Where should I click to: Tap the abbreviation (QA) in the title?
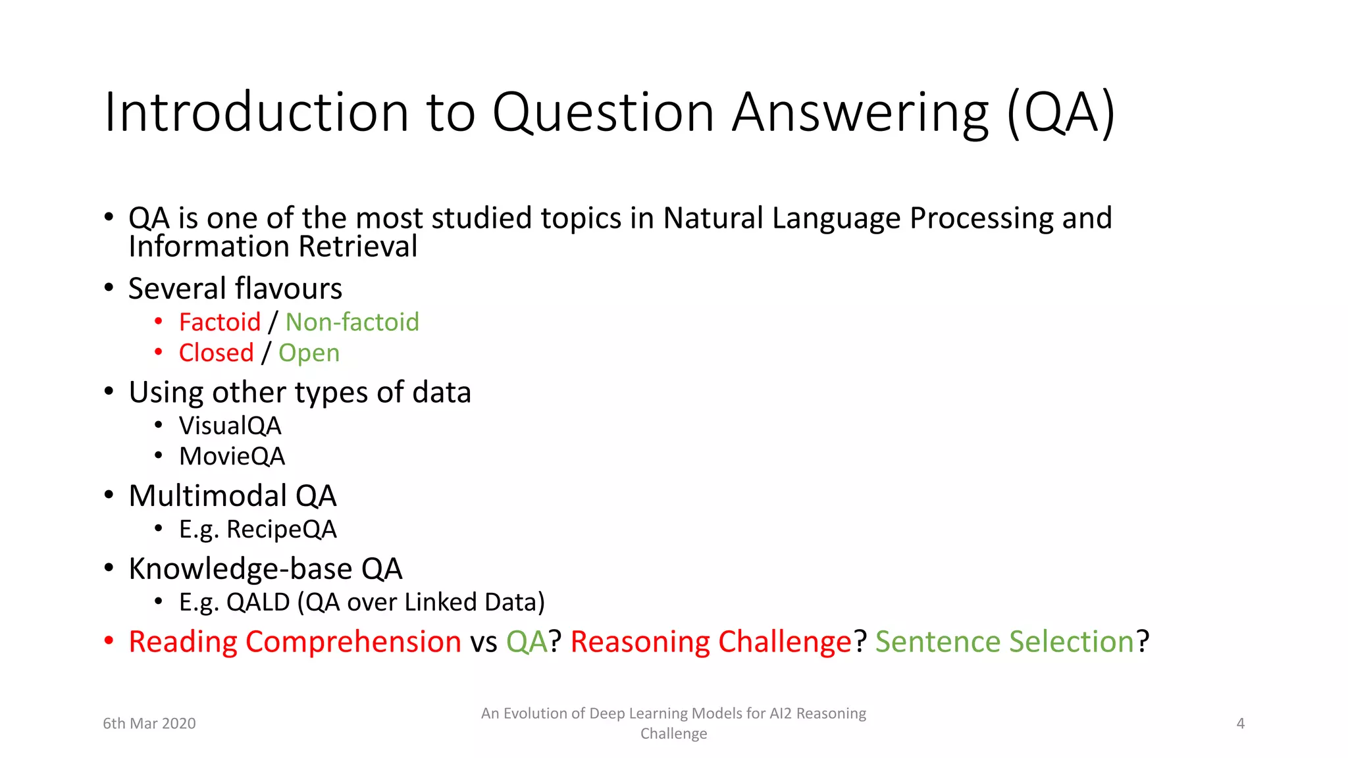(x=1060, y=113)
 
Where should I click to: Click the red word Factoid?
(x=220, y=322)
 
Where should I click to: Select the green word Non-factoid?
(x=352, y=322)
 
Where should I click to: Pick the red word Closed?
(x=216, y=353)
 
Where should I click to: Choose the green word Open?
(x=309, y=353)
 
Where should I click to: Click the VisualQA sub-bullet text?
(x=230, y=426)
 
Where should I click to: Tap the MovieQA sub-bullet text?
(x=232, y=457)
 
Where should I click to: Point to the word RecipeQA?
(x=282, y=530)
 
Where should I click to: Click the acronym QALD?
(x=258, y=603)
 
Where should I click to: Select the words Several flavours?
(x=235, y=289)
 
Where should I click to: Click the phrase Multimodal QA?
(x=232, y=496)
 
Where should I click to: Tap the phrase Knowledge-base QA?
(x=265, y=569)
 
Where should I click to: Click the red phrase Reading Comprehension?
(x=295, y=642)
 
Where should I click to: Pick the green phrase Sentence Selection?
(x=1004, y=642)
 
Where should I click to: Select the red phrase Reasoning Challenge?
(x=711, y=642)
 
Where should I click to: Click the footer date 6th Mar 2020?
(x=149, y=724)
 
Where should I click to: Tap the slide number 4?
(x=1240, y=724)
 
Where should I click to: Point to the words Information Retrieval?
(x=272, y=247)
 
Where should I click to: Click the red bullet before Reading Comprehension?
(x=109, y=641)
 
